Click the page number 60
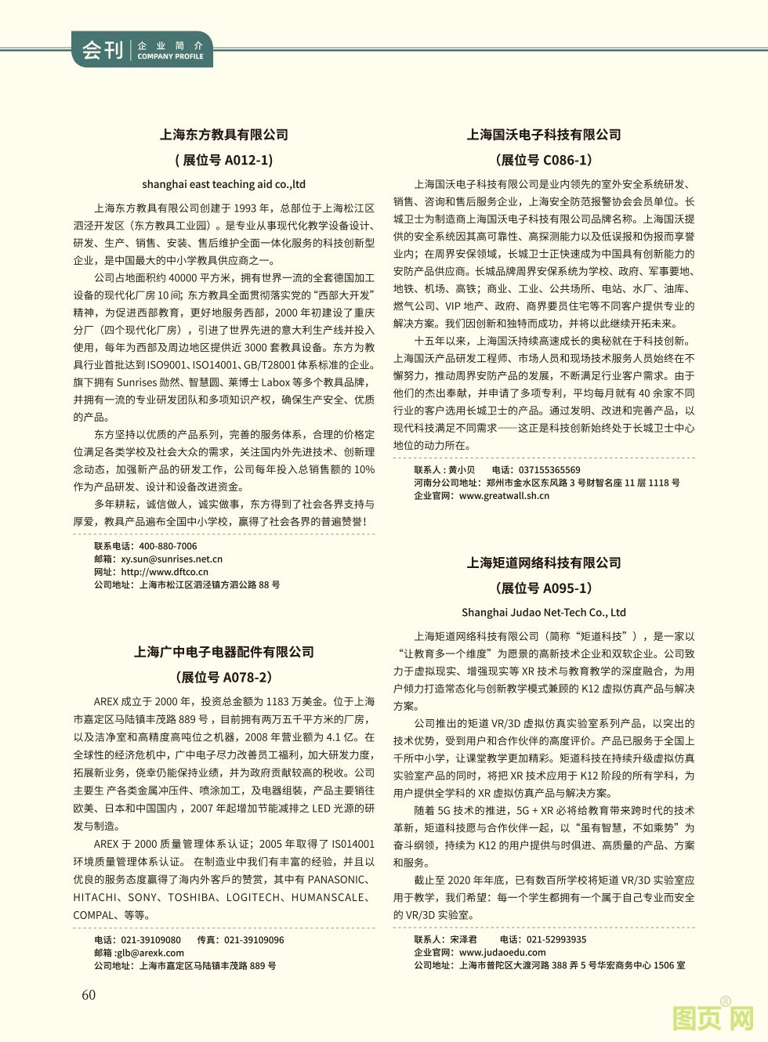click(x=89, y=994)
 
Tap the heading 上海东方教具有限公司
click(x=224, y=135)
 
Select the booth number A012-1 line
click(x=224, y=160)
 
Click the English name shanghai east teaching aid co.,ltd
click(x=224, y=184)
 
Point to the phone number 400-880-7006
click(x=168, y=546)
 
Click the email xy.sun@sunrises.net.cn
click(x=172, y=559)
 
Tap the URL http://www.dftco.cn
click(x=165, y=572)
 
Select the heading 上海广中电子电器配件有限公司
click(x=224, y=652)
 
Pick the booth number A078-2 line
click(x=224, y=677)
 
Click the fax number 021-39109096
click(x=254, y=940)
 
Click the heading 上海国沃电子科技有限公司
click(x=544, y=135)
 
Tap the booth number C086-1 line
click(x=544, y=160)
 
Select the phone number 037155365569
click(x=549, y=470)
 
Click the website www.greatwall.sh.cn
click(x=504, y=496)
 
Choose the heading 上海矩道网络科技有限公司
click(x=544, y=563)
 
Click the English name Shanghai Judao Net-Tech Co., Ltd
click(x=544, y=613)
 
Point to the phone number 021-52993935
click(x=556, y=939)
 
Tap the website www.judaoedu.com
click(x=502, y=953)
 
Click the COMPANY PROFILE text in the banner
click(x=170, y=56)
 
